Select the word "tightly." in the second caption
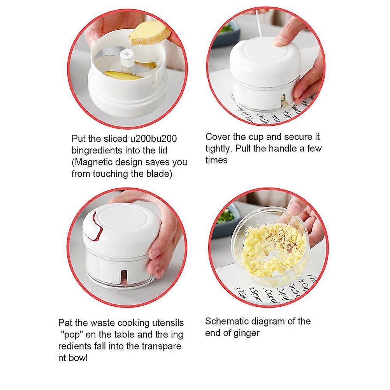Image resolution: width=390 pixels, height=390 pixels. pyautogui.click(x=219, y=149)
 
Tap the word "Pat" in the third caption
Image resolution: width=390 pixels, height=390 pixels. pyautogui.click(x=65, y=323)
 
